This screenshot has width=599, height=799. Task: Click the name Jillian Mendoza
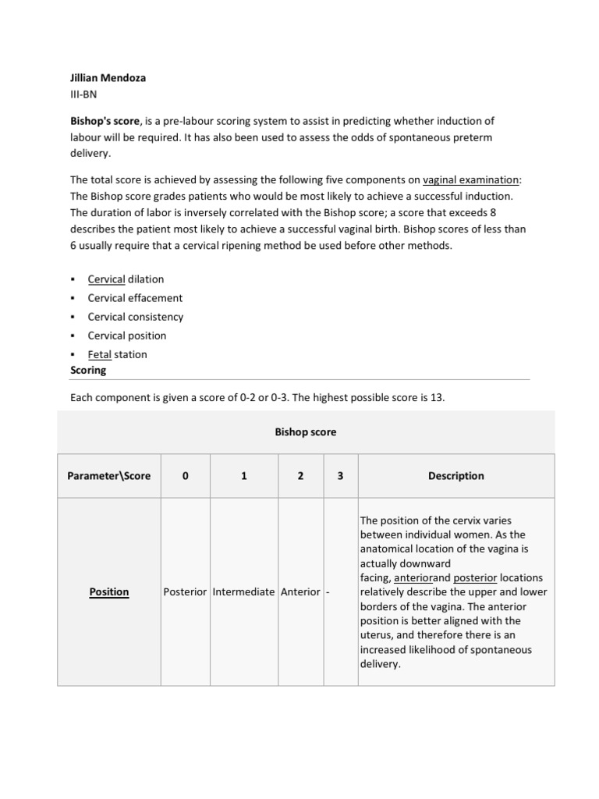[x=108, y=78]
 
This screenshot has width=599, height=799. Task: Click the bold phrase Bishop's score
[x=105, y=122]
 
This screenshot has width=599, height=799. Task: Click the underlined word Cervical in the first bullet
[x=106, y=279]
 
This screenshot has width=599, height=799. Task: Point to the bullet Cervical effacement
[x=135, y=298]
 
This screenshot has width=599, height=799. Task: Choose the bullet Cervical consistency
[x=136, y=317]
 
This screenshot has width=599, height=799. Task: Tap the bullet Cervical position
[x=127, y=336]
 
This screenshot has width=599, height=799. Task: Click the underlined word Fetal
[x=100, y=354]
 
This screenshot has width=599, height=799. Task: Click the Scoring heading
[x=88, y=370]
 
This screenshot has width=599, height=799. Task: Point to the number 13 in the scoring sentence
[x=436, y=398]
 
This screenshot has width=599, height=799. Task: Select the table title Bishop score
[x=306, y=432]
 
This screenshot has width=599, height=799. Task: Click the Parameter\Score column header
[x=109, y=476]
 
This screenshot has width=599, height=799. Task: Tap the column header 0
[x=185, y=476]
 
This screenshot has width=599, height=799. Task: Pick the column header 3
[x=340, y=476]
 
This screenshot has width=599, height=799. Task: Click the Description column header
[x=455, y=476]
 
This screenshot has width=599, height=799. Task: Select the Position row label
[x=109, y=592]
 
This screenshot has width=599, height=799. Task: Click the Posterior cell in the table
[x=185, y=592]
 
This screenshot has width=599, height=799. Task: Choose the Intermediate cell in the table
[x=243, y=592]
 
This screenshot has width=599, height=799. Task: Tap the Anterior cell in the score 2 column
[x=300, y=592]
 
